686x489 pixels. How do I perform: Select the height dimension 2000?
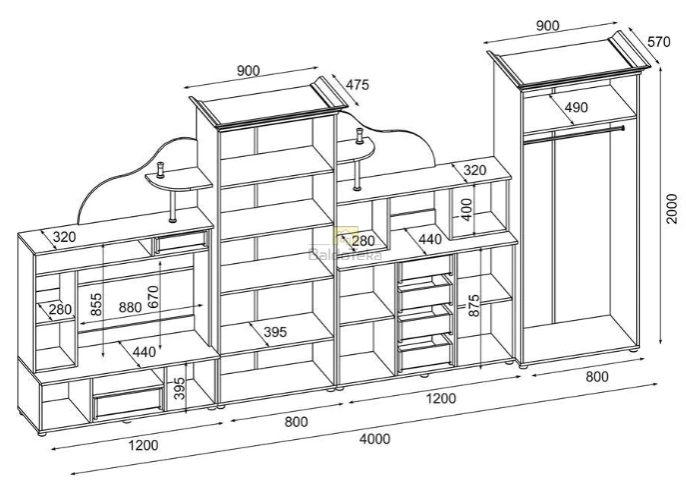coord(673,207)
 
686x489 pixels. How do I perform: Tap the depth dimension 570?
coord(657,42)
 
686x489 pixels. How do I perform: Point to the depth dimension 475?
coord(357,85)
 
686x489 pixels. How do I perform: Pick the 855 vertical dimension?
coord(96,305)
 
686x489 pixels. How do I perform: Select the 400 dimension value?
coord(465,209)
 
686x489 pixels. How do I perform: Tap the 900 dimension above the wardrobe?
coord(546,26)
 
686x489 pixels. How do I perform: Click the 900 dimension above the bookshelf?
coord(249,70)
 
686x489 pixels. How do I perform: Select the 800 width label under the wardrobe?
coord(596,376)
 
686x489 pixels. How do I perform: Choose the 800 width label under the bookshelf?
coord(296,421)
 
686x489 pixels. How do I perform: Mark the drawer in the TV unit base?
coord(127,401)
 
